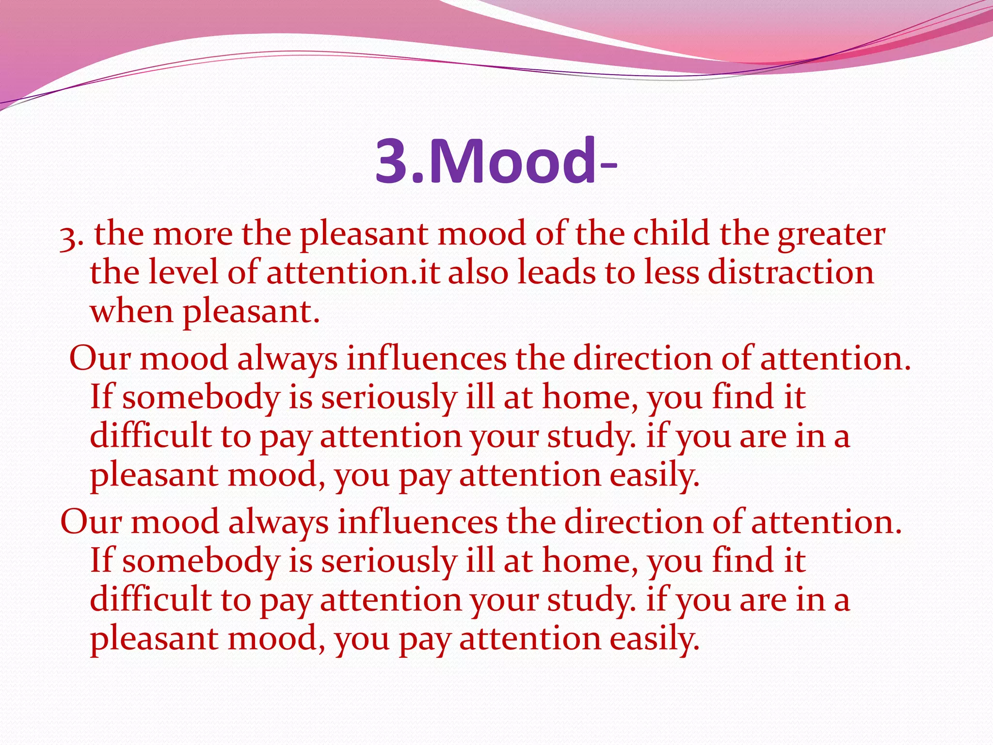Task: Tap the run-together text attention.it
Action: (x=353, y=272)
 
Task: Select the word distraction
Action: (x=790, y=272)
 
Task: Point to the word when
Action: (x=131, y=311)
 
